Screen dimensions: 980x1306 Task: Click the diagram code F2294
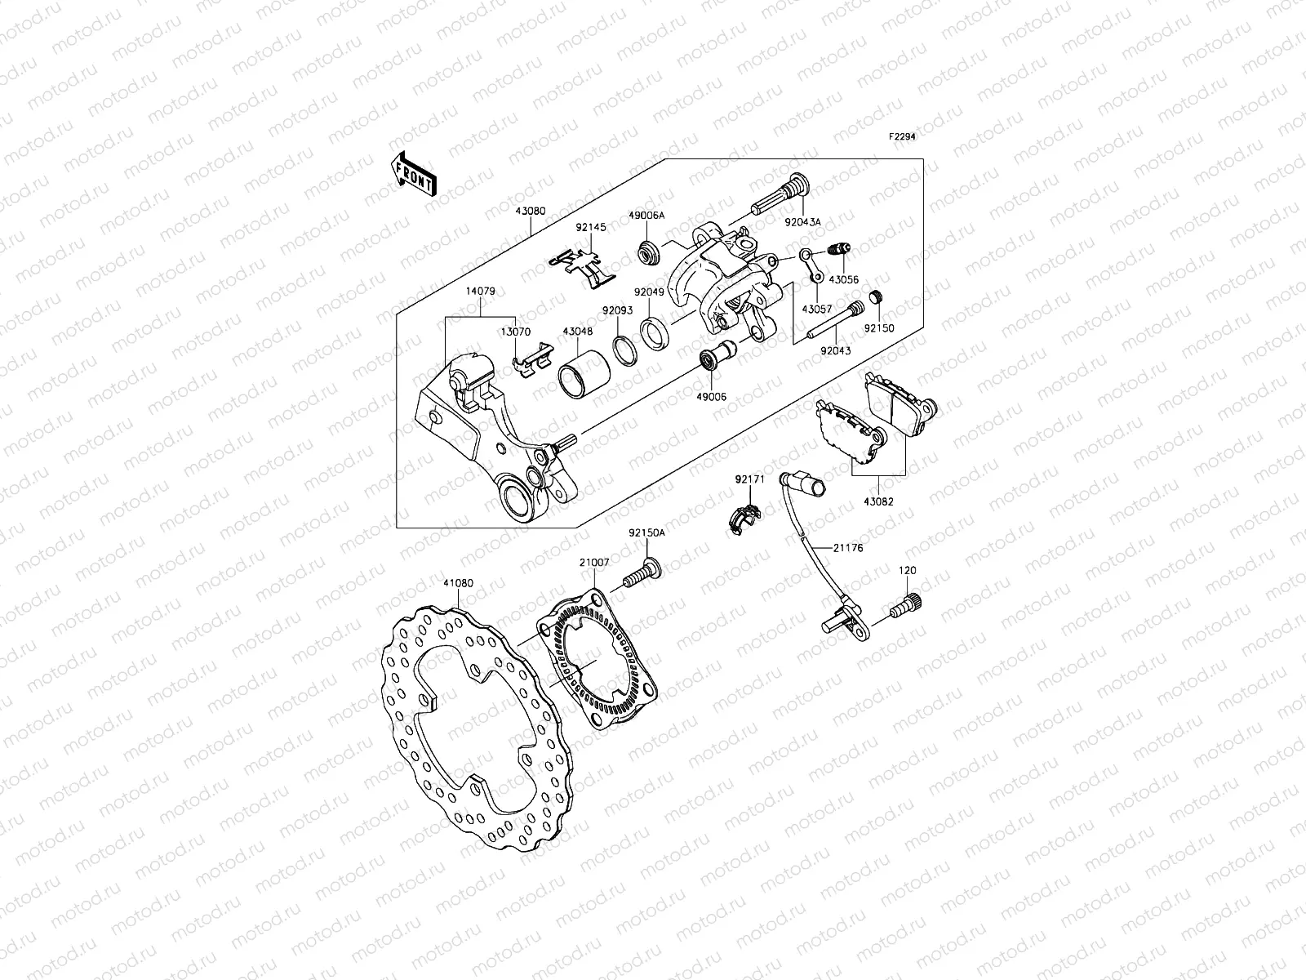[x=902, y=137]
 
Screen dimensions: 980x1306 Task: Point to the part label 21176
[x=848, y=548]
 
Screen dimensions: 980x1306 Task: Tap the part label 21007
[x=593, y=563]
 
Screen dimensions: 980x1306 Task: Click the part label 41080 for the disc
[x=458, y=583]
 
